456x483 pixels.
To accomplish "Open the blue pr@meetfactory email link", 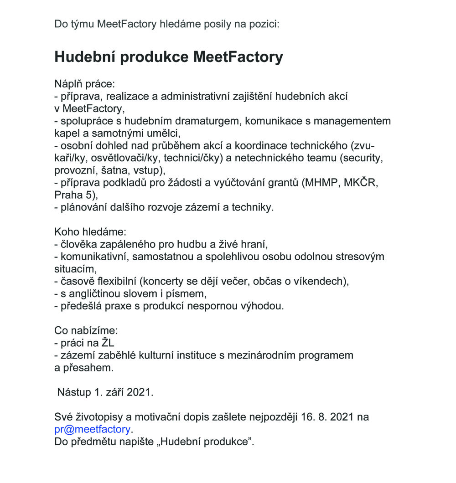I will (92, 429).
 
